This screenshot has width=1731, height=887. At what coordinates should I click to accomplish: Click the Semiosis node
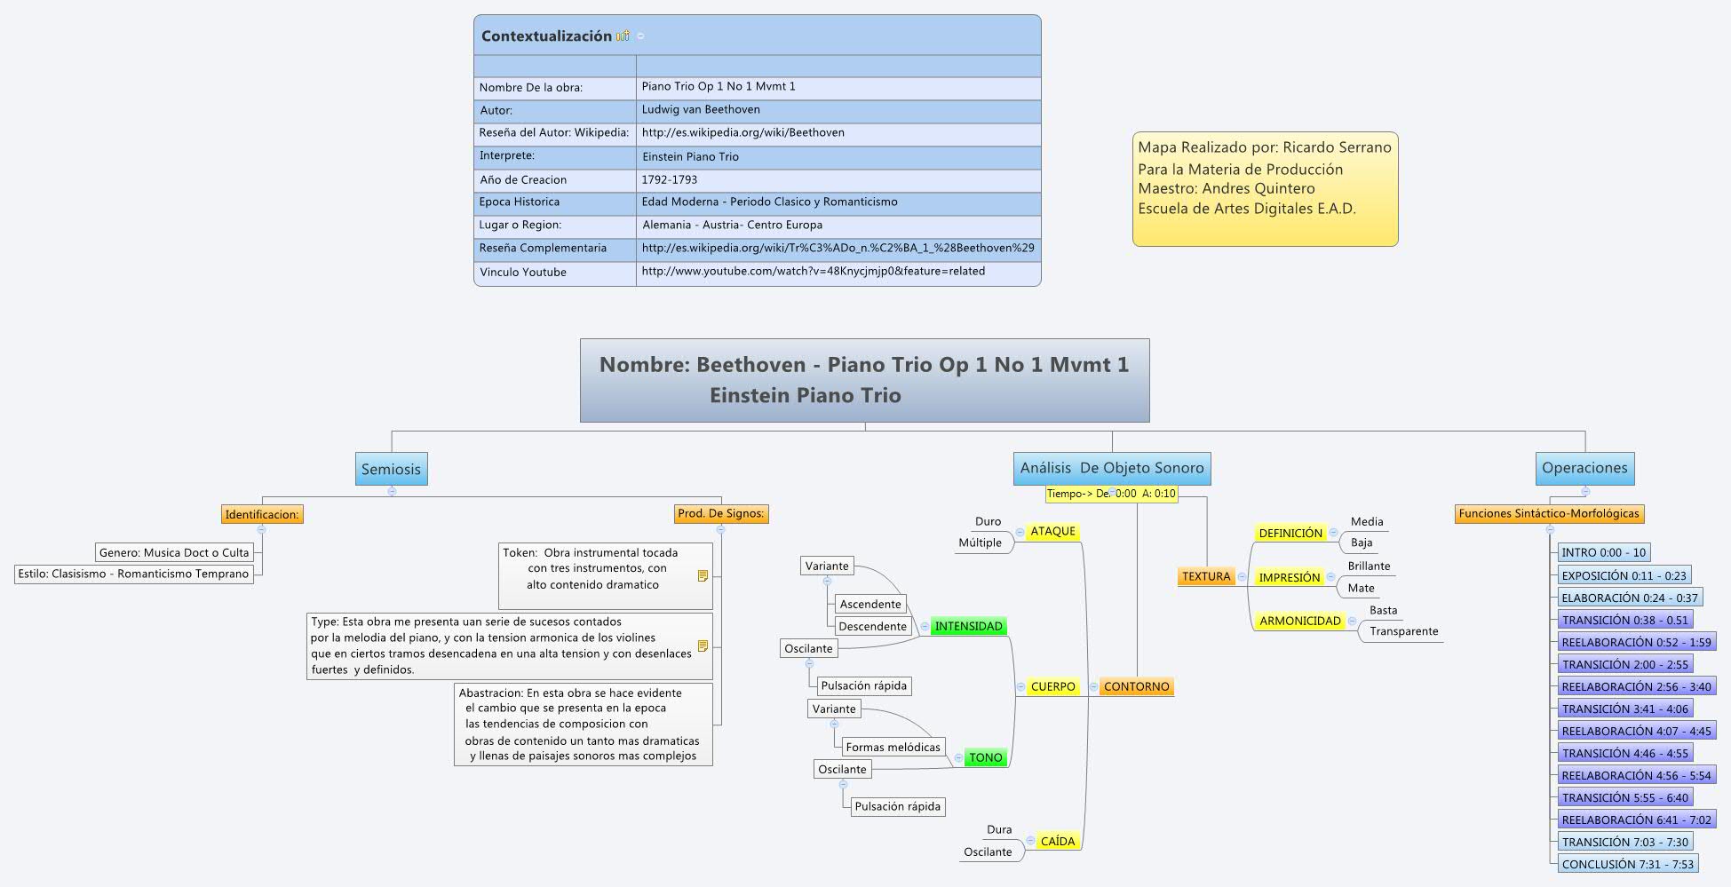point(391,469)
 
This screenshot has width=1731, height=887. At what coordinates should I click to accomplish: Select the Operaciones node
point(1584,468)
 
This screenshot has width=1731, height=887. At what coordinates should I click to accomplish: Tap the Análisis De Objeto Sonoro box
point(1111,468)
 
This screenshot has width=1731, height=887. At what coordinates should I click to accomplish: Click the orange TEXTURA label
point(1205,576)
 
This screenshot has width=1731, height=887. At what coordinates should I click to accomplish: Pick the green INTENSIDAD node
point(968,626)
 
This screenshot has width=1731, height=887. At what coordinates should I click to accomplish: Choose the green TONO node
point(985,757)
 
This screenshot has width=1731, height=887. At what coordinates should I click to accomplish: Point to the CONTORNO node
point(1136,686)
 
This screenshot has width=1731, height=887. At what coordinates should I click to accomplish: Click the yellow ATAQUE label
point(1052,531)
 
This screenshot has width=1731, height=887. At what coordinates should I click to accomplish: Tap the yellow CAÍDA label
point(1057,841)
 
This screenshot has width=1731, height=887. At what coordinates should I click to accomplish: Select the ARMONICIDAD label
point(1299,621)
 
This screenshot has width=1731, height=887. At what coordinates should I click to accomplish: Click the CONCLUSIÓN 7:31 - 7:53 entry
point(1627,864)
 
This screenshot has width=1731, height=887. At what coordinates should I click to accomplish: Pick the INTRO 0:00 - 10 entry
point(1603,552)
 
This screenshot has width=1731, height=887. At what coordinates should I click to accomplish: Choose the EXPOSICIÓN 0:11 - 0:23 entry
point(1624,575)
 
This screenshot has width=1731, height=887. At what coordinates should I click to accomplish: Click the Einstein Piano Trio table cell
point(690,156)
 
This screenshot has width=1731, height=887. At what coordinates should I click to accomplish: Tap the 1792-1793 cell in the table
point(669,179)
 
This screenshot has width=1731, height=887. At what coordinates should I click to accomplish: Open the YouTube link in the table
point(813,271)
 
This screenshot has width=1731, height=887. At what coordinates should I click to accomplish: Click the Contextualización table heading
point(546,36)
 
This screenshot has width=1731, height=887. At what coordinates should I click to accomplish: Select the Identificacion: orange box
point(262,514)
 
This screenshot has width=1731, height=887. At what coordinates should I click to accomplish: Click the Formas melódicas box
point(892,747)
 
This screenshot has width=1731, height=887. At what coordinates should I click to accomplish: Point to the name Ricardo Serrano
point(1337,147)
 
